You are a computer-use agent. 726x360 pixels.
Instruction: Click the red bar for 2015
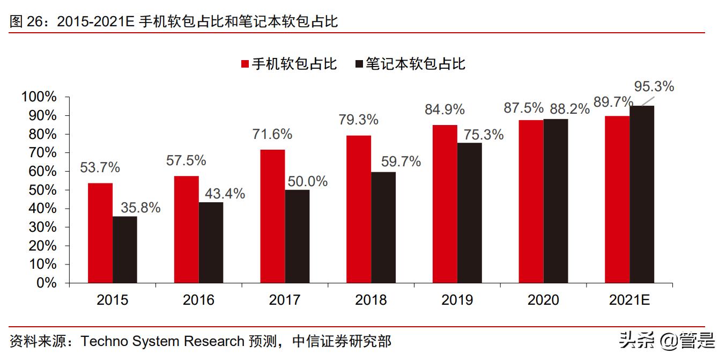(100, 233)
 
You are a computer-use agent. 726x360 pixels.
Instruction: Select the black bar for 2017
(297, 236)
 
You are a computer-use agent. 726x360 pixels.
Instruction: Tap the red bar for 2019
(445, 204)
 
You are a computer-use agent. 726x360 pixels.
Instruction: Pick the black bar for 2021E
(642, 194)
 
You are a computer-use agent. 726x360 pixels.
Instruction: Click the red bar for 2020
(531, 201)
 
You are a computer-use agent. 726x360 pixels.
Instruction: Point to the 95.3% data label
(654, 86)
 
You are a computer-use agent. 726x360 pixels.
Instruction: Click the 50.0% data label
(307, 181)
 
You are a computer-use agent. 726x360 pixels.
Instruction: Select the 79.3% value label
(358, 120)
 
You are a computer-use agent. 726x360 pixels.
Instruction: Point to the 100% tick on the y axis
(39, 97)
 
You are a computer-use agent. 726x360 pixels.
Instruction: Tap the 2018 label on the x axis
(371, 300)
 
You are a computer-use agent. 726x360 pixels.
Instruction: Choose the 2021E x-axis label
(629, 300)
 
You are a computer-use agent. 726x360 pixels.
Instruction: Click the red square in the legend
(245, 64)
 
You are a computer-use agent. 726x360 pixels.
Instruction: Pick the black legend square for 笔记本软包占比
(359, 64)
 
